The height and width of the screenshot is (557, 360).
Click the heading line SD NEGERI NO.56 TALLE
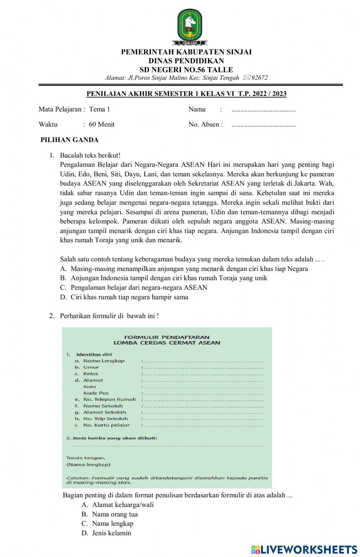pos(186,69)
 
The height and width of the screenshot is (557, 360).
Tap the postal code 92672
pos(259,78)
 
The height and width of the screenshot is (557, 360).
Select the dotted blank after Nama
pos(263,110)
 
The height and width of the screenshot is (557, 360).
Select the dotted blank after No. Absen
pos(263,125)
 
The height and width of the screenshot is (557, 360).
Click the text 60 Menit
pos(102,124)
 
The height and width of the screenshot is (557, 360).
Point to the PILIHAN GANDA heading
pos(69,140)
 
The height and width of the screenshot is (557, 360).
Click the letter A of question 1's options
pos(63,268)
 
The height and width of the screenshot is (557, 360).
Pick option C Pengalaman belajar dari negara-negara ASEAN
pos(139,287)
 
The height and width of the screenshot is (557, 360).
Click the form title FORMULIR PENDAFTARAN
pos(167,337)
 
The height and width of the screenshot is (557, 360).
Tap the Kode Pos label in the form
pos(96,393)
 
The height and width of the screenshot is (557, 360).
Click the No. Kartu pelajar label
pos(106,425)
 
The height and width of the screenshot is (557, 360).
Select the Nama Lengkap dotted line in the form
pos(203,361)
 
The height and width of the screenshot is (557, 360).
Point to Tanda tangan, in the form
pos(86,458)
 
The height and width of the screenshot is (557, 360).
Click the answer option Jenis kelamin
pos(111,533)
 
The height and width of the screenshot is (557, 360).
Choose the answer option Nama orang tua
pos(114,514)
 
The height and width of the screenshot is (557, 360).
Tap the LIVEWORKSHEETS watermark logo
pos(304,549)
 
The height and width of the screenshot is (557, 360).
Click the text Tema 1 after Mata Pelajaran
pos(99,109)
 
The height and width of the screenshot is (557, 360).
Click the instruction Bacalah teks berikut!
pos(90,155)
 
